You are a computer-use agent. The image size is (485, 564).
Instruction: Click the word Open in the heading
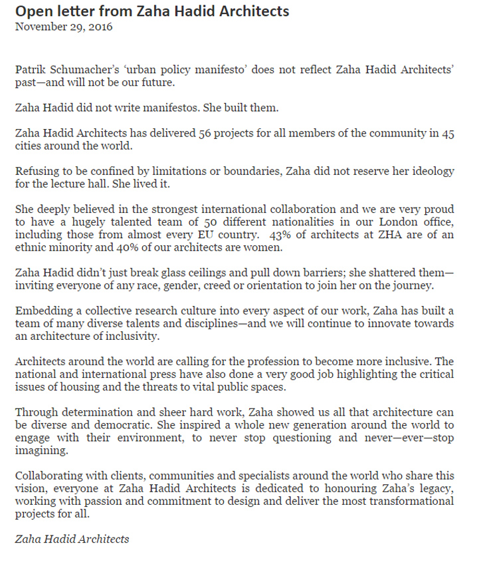click(x=31, y=11)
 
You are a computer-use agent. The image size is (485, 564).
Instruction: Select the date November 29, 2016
click(x=64, y=27)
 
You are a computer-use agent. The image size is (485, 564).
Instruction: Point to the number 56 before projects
click(x=206, y=133)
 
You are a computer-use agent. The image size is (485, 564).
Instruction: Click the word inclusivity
click(x=138, y=336)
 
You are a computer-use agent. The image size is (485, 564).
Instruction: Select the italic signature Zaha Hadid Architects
click(x=72, y=539)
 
